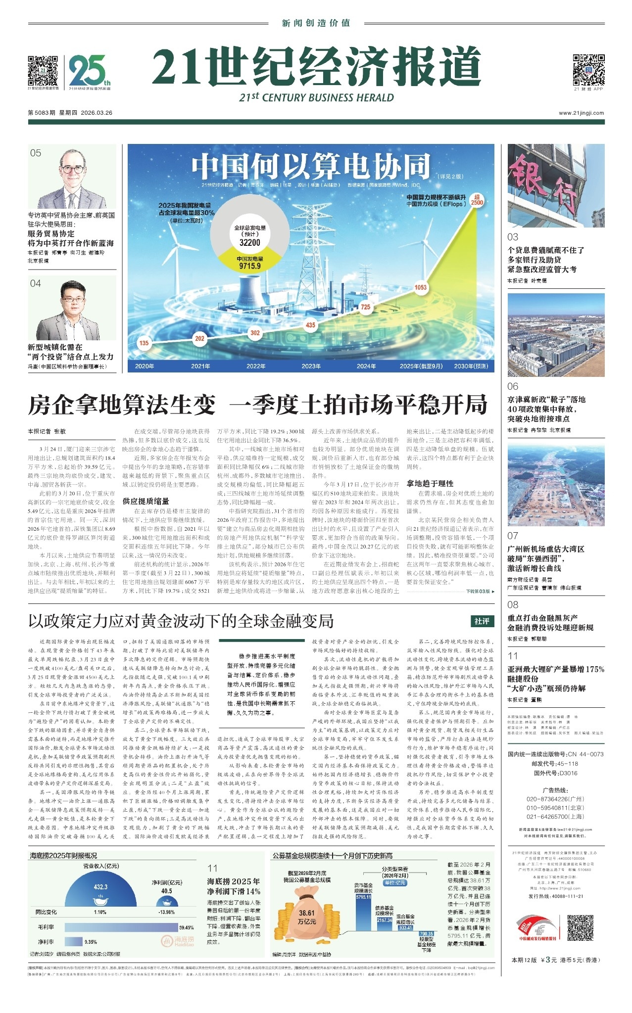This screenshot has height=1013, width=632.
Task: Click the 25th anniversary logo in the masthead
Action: click(x=89, y=70)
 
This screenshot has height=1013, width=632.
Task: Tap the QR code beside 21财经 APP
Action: click(x=588, y=70)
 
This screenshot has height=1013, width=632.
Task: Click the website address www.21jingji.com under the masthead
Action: click(x=581, y=113)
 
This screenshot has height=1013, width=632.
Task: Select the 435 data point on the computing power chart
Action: click(x=310, y=325)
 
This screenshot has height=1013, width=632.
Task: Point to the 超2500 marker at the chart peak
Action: click(x=477, y=199)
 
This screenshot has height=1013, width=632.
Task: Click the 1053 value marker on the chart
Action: click(x=420, y=287)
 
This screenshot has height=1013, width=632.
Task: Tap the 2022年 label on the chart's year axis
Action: click(x=256, y=366)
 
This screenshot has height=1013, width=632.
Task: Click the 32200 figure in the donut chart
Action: click(x=249, y=242)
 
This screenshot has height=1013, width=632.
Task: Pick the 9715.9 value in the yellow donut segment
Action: click(x=249, y=266)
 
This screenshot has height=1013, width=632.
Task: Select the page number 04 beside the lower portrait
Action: click(x=35, y=283)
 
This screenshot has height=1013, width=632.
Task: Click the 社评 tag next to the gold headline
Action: click(x=482, y=621)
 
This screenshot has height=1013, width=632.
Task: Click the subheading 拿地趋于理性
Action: click(x=430, y=483)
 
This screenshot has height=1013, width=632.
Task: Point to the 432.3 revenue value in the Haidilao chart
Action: click(x=100, y=887)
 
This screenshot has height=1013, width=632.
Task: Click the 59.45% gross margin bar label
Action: click(x=186, y=928)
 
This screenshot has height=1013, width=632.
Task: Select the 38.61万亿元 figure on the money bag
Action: click(x=306, y=917)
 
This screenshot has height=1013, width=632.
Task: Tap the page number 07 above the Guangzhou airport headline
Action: click(x=513, y=536)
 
